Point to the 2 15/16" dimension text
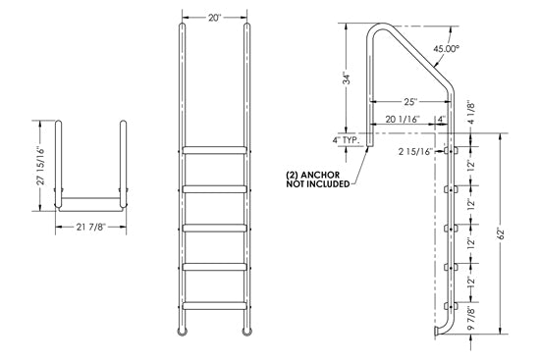[416, 152]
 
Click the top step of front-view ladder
[213, 151]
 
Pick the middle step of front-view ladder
[213, 228]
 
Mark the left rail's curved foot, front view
[182, 333]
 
